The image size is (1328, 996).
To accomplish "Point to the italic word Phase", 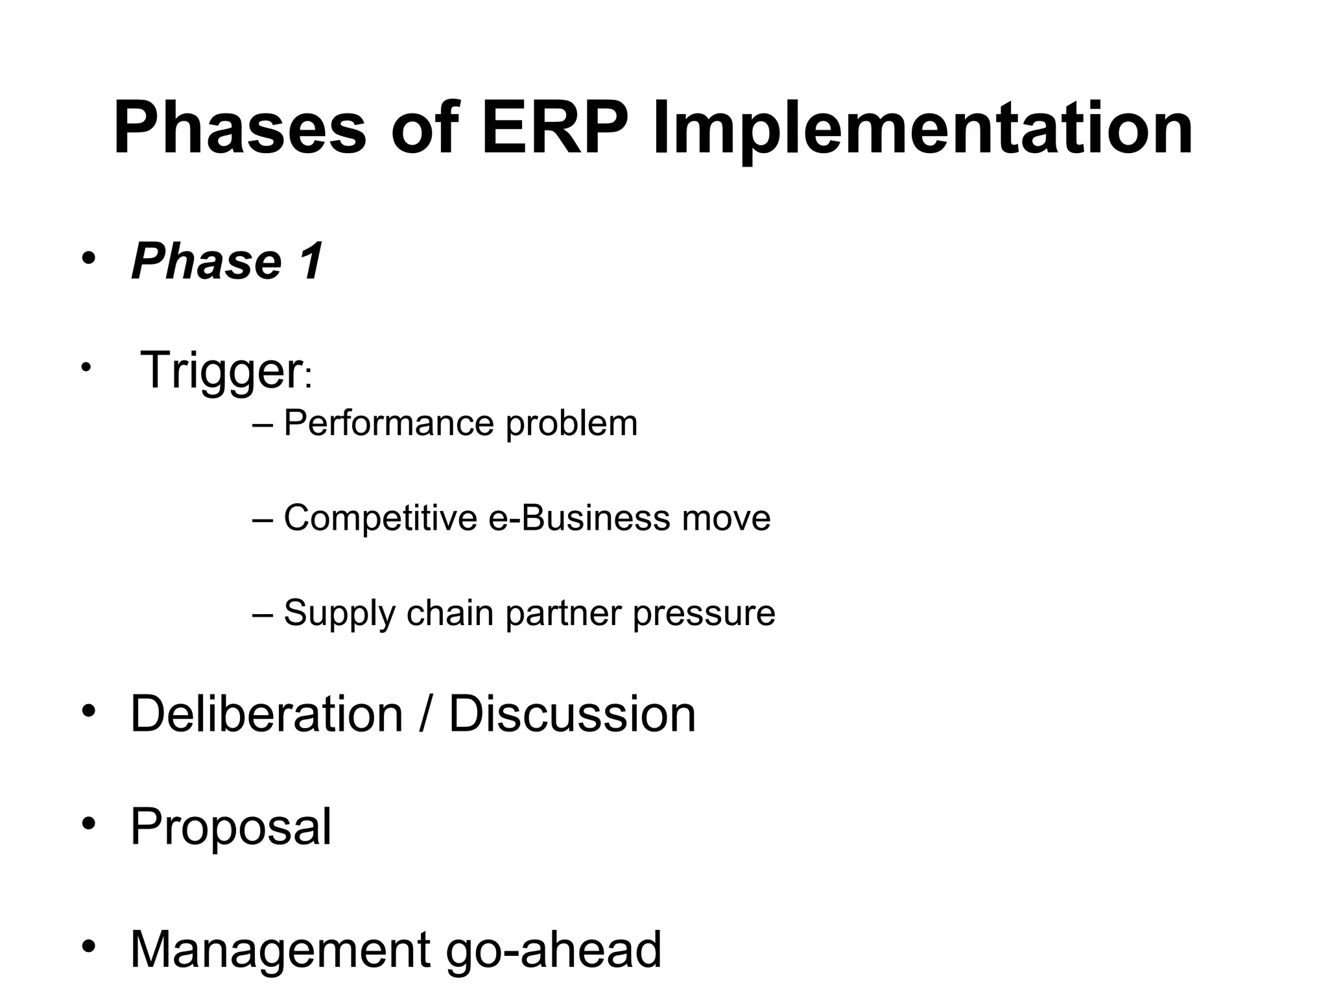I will click(x=206, y=261).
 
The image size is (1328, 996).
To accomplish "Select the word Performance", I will click(x=388, y=423).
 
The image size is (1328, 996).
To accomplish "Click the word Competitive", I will click(x=381, y=518).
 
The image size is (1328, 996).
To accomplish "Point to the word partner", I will click(x=563, y=613).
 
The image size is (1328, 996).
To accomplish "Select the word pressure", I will click(x=704, y=613).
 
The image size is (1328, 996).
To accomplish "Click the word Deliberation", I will click(x=267, y=714).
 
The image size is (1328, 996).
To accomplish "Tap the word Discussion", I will click(x=572, y=714).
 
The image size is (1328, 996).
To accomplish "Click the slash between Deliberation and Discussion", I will click(x=425, y=714).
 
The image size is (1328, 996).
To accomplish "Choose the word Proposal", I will click(x=231, y=827).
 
